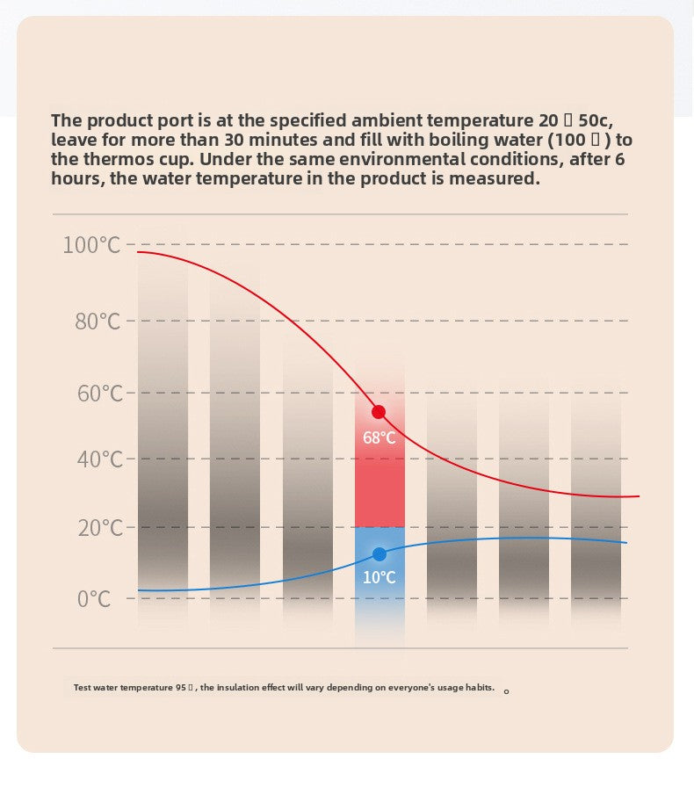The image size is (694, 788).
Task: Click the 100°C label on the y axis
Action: pos(91,245)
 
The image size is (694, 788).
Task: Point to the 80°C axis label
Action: pos(97,322)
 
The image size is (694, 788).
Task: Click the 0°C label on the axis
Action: pos(94,600)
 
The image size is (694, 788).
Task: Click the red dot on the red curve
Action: pos(379,412)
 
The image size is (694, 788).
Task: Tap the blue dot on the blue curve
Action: pos(380,554)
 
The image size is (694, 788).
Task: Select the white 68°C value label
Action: pos(380,437)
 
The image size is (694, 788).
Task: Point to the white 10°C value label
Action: pos(380,577)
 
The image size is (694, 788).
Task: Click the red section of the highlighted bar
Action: pos(380,492)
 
